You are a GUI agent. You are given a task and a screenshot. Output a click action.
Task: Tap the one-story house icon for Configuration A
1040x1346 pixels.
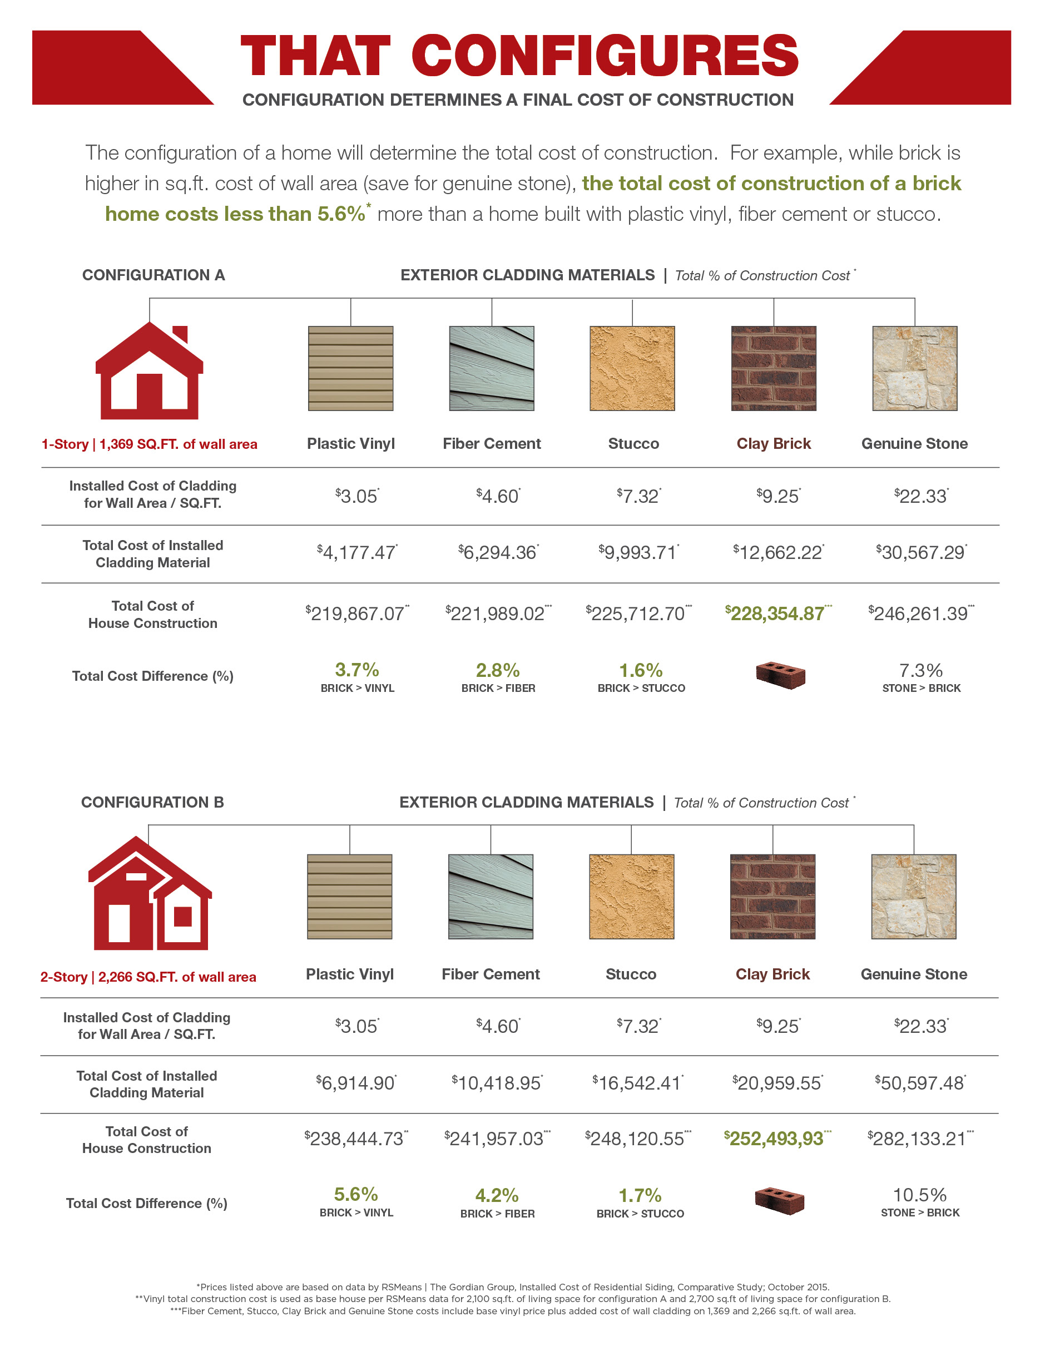tap(149, 372)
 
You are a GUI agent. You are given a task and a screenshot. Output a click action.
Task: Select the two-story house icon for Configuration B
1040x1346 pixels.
tap(149, 894)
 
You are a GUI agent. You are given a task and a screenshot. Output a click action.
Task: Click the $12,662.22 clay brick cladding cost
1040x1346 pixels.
tap(777, 552)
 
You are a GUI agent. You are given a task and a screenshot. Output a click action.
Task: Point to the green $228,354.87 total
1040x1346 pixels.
tap(777, 613)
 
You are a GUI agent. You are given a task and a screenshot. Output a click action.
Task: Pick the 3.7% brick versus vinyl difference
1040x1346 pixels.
tap(356, 670)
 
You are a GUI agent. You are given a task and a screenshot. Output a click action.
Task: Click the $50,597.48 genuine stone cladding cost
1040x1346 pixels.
tap(920, 1083)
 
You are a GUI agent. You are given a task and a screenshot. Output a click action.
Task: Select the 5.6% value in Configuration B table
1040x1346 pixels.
tap(355, 1194)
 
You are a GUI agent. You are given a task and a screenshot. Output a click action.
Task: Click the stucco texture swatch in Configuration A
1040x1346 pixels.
tap(632, 369)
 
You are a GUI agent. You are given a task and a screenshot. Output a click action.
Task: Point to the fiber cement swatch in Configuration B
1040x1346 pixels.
tap(491, 896)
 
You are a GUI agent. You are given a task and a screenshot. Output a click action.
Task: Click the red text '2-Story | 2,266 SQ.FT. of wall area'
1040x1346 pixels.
tap(148, 977)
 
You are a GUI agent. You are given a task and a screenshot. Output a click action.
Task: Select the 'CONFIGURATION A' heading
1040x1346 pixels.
tap(153, 275)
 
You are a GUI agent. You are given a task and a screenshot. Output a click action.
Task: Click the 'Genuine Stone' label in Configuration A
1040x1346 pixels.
tap(914, 444)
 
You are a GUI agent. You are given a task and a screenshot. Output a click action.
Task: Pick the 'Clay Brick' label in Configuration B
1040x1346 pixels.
tap(772, 974)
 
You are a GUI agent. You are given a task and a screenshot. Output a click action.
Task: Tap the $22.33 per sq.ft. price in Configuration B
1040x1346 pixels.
tap(920, 1026)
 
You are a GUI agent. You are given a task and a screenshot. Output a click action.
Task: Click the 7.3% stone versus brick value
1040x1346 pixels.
tap(920, 670)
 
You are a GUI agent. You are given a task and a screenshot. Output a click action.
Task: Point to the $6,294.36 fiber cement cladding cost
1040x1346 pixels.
tap(498, 552)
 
